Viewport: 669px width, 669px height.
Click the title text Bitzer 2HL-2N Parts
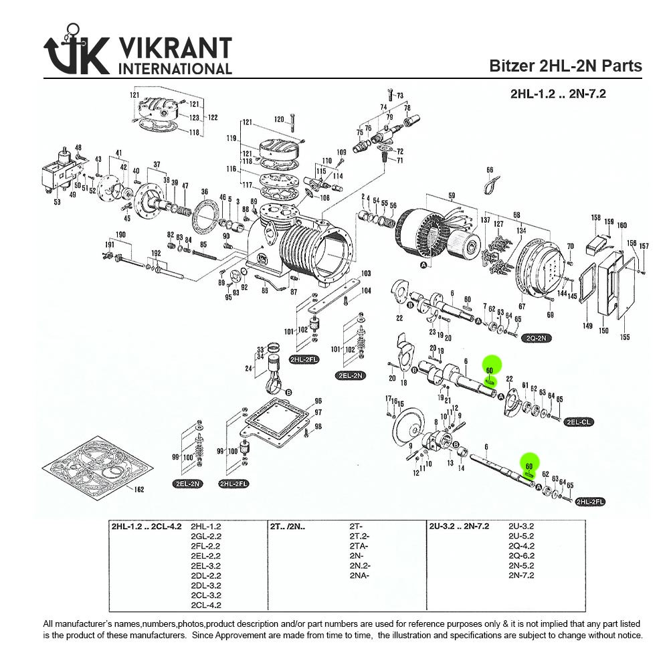tap(565, 66)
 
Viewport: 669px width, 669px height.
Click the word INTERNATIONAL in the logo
tap(175, 68)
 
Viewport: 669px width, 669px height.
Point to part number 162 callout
tap(139, 490)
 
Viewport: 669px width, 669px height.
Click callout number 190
tap(121, 235)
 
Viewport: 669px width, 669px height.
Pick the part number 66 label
tap(490, 171)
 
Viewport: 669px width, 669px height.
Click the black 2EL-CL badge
tap(579, 422)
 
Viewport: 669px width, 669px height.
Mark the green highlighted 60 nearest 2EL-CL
tap(490, 370)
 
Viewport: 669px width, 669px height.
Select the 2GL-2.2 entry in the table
tap(206, 536)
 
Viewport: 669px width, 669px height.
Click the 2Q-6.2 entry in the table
tap(521, 556)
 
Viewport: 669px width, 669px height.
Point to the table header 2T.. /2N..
tap(288, 526)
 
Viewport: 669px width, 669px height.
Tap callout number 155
tap(625, 337)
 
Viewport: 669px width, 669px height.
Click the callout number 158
tap(595, 217)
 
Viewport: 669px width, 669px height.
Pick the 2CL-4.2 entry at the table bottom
tap(206, 605)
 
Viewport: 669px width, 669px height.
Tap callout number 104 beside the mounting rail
tap(365, 291)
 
